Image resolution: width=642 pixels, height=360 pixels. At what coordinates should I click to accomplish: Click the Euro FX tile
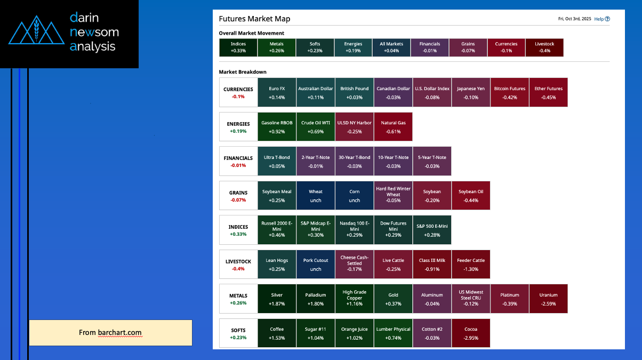(x=277, y=93)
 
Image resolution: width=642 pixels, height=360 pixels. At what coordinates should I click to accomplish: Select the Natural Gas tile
(x=393, y=127)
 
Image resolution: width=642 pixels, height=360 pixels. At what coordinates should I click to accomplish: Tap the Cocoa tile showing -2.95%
(x=470, y=333)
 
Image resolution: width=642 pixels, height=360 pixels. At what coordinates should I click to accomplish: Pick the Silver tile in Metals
(x=277, y=299)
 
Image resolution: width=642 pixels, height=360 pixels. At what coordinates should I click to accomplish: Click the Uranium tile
(x=548, y=299)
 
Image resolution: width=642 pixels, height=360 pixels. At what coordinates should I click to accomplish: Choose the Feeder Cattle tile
(x=470, y=265)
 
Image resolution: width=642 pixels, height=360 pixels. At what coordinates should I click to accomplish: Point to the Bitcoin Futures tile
(x=509, y=93)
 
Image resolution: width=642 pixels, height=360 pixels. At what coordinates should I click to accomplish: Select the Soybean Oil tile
(x=470, y=196)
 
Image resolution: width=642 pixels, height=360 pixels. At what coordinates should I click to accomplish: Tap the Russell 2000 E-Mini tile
(x=277, y=230)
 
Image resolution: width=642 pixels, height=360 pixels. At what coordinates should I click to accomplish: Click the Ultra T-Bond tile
(x=277, y=161)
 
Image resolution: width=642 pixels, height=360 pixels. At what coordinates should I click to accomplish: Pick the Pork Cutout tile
(x=316, y=265)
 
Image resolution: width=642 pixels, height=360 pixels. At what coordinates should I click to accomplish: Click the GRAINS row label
(x=238, y=196)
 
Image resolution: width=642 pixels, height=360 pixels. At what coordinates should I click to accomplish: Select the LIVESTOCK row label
(x=238, y=265)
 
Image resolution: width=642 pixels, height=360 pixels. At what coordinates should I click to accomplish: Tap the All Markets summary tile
(x=391, y=47)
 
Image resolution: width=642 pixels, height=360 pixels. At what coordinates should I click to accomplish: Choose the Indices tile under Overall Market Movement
(x=238, y=47)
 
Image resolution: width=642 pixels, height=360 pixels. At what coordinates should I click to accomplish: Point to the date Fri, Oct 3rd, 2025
(x=574, y=19)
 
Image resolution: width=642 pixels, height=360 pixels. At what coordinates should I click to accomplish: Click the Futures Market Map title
(x=254, y=19)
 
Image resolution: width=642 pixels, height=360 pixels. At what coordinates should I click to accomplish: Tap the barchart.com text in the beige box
(x=120, y=333)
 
